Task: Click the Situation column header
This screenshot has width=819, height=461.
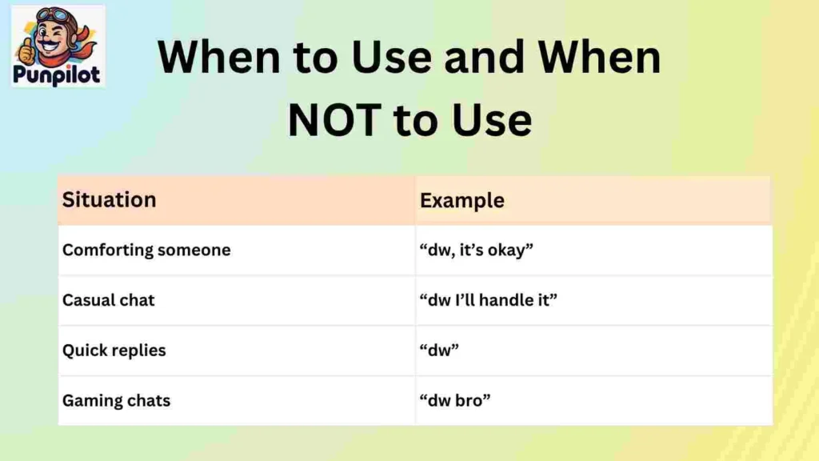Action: [x=109, y=199]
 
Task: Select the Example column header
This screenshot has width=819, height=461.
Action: [x=462, y=200]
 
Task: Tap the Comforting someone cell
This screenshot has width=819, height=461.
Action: [x=146, y=250]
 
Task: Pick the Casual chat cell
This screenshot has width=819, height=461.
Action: [x=109, y=300]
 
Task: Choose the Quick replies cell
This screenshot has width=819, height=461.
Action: [x=114, y=350]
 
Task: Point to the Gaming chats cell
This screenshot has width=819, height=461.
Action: [x=117, y=400]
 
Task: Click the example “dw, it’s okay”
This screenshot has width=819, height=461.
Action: [x=477, y=250]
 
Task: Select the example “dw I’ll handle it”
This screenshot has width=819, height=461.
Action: [x=489, y=300]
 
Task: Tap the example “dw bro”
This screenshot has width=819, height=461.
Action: [x=455, y=400]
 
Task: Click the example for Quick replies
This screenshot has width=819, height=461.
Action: [x=441, y=350]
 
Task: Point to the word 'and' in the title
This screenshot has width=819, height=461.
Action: [x=486, y=58]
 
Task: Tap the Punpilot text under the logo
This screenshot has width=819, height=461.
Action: [x=58, y=75]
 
